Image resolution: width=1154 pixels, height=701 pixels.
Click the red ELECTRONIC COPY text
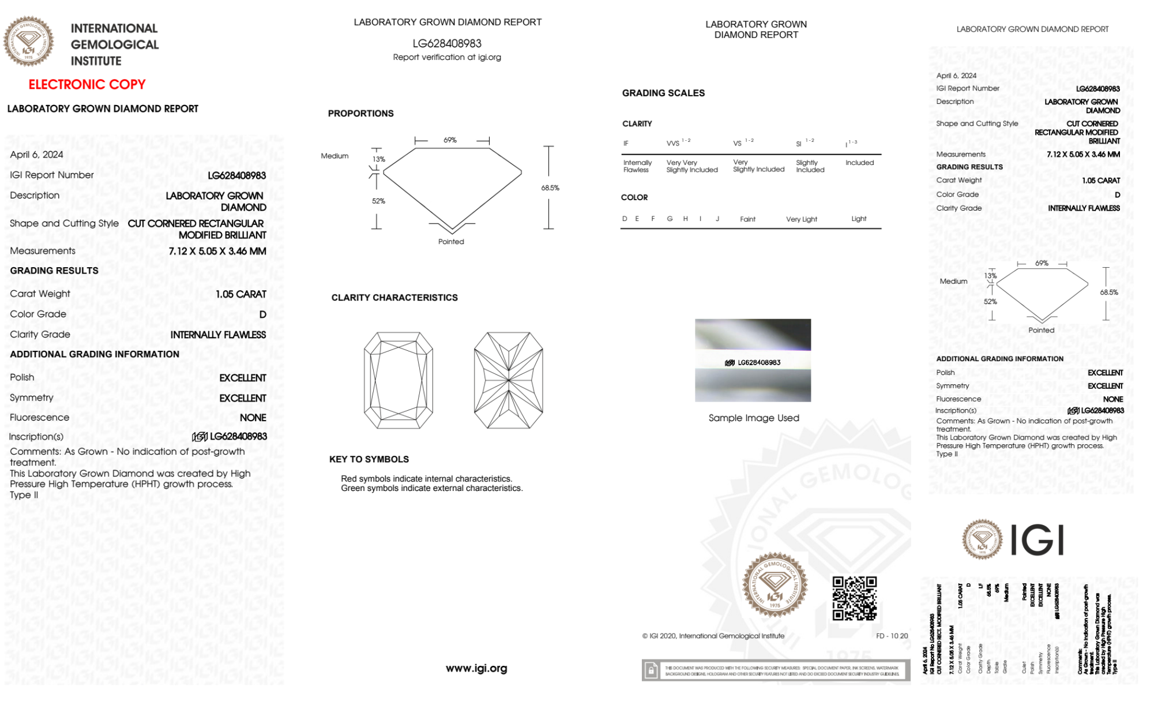coord(87,84)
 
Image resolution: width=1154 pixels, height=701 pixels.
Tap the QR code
coord(854,598)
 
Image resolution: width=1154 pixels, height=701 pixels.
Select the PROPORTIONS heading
coord(360,114)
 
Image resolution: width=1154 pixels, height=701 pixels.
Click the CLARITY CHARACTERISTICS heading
coord(394,298)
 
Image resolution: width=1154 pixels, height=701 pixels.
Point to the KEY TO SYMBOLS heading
coord(369,459)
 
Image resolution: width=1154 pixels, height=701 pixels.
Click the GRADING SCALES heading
coord(663,93)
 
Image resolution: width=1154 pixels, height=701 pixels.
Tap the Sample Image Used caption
coord(754,418)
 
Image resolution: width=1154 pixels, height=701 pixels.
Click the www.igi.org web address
coord(476,668)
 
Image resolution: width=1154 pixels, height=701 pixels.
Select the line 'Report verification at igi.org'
coord(447,57)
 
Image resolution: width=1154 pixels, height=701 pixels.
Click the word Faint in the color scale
coord(747,219)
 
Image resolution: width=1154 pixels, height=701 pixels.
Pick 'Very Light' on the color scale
coord(801,219)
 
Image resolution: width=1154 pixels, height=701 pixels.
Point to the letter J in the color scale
coord(717,219)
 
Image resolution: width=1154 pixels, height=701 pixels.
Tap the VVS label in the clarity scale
coord(673,143)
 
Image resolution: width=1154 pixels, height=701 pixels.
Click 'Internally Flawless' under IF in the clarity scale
coord(637,166)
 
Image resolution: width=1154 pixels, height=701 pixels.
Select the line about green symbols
coord(431,488)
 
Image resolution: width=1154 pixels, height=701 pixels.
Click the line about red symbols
coord(426,479)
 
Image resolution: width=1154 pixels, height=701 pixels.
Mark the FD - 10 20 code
coord(892,636)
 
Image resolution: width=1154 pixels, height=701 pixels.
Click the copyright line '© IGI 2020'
coord(713,636)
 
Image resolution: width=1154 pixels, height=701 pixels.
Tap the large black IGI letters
coord(1038,541)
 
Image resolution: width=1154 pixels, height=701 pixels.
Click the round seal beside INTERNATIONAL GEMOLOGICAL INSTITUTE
coord(28,42)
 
